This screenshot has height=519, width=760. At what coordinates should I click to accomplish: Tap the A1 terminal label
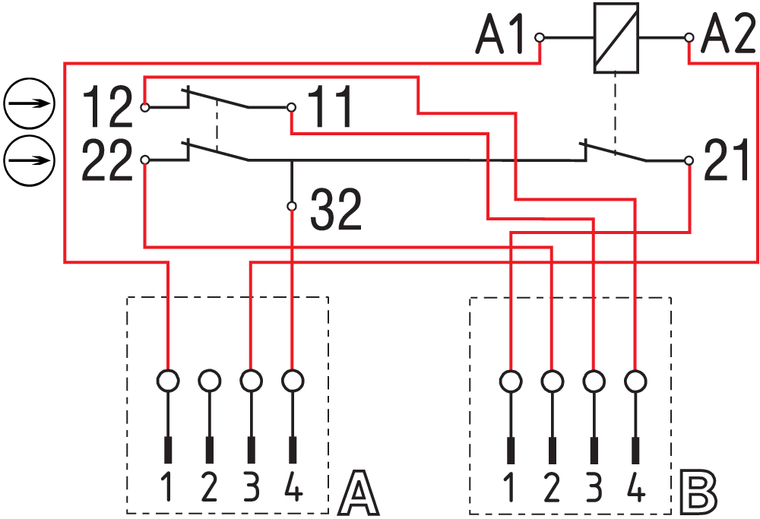501,36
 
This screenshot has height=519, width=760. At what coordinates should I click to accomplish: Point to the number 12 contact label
106,107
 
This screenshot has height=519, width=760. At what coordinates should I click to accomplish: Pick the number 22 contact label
106,160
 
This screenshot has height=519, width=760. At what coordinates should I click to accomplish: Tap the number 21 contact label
727,160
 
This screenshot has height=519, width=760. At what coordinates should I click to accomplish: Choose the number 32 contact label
337,210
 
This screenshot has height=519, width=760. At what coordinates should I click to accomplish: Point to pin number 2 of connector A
210,486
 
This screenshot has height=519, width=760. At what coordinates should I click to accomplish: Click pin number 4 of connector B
635,486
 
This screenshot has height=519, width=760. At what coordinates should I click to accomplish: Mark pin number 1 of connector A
169,486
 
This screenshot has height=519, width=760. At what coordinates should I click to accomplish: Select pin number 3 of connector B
594,486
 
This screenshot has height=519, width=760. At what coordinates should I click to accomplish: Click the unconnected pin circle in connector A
210,378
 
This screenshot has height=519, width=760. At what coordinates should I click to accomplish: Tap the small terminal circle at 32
292,206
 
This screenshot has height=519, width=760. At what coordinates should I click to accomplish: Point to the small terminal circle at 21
689,160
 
